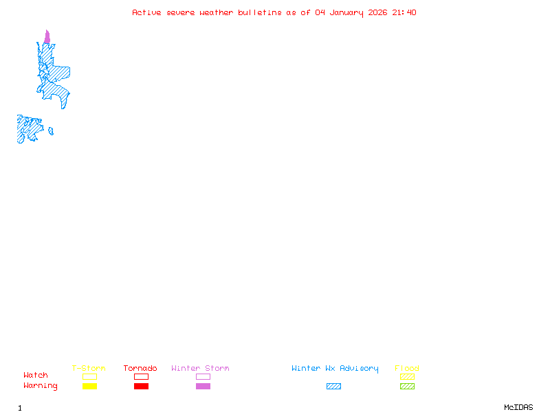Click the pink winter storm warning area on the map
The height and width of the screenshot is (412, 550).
[x=47, y=38]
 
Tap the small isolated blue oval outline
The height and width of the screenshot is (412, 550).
[x=51, y=131]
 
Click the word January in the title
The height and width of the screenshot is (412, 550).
[x=349, y=12]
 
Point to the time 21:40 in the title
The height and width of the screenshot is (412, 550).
[x=404, y=12]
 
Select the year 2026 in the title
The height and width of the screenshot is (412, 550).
[x=378, y=12]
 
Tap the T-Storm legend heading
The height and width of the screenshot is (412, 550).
[x=89, y=369]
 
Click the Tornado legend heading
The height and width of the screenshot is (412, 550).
[x=140, y=369]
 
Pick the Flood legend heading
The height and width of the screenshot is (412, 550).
[x=407, y=369]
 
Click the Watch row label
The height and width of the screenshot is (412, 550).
[x=36, y=376]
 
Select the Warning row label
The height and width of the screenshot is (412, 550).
[x=41, y=386]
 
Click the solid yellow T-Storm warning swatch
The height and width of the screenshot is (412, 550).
[x=89, y=387]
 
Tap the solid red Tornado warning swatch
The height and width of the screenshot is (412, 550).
[x=141, y=387]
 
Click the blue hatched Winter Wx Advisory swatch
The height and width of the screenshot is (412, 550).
[x=333, y=387]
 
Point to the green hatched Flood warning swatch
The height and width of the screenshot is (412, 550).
[x=407, y=387]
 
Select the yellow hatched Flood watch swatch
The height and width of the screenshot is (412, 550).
[x=407, y=376]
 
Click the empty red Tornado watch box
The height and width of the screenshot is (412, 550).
[x=141, y=376]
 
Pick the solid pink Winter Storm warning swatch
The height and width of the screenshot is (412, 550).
[x=203, y=387]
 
